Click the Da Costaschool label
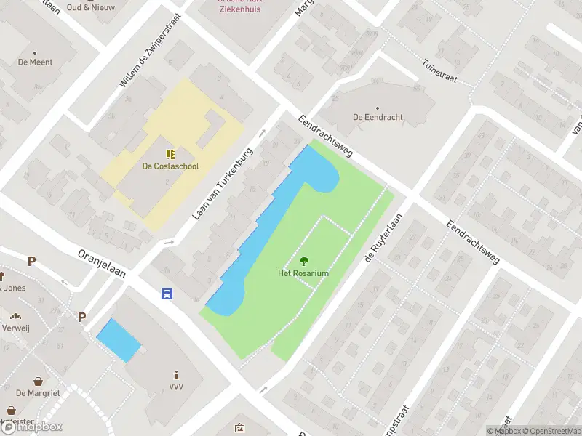click(170, 166)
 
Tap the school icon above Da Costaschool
click(170, 154)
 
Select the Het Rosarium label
click(303, 273)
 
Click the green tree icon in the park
click(303, 261)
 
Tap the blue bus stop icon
click(167, 294)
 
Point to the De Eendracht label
click(378, 117)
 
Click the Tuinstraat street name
click(439, 70)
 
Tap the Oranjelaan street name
click(102, 263)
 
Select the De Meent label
click(35, 62)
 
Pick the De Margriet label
click(37, 393)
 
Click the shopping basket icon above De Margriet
click(37, 381)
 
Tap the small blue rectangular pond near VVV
click(119, 340)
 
